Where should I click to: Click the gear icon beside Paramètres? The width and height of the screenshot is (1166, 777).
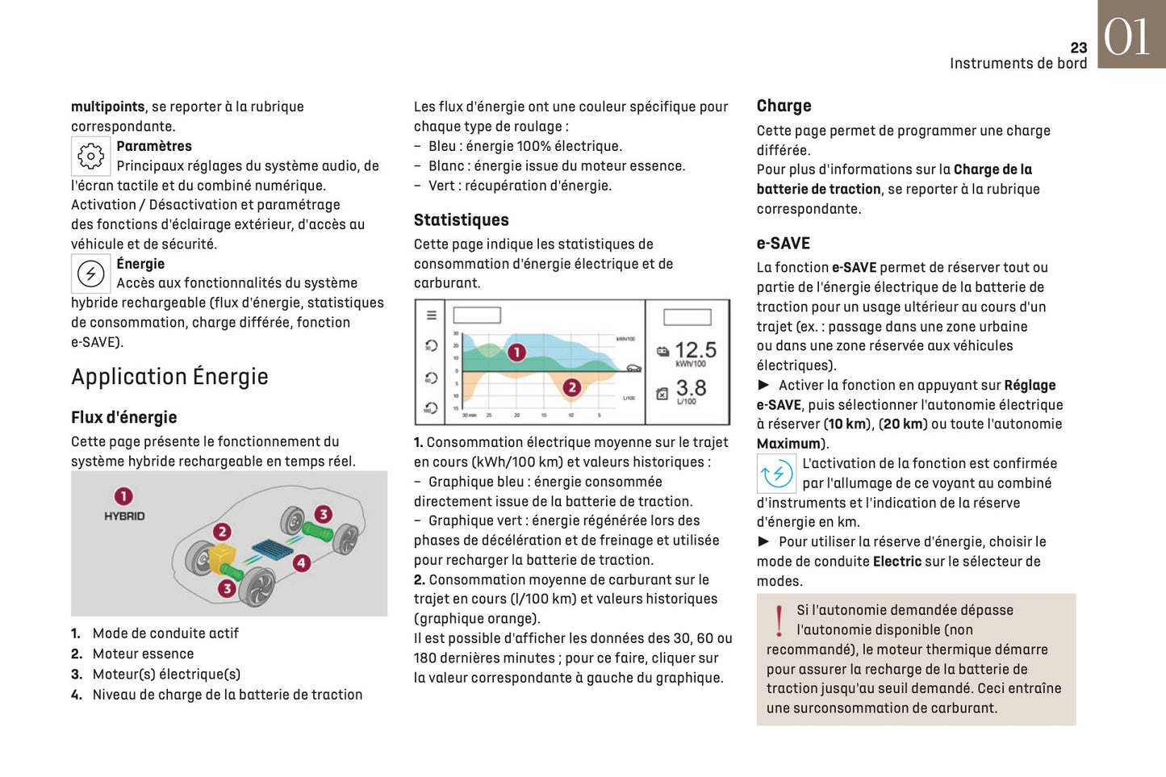(x=90, y=156)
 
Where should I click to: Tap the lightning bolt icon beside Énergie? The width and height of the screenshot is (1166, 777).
(x=90, y=274)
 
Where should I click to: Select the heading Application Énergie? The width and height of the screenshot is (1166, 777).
(x=169, y=377)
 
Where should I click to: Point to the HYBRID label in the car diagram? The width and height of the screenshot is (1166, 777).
(x=124, y=516)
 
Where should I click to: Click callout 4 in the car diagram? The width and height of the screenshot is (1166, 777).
(x=302, y=563)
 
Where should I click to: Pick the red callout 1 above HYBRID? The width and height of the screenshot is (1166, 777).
(x=123, y=496)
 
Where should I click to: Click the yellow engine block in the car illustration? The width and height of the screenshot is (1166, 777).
(x=222, y=556)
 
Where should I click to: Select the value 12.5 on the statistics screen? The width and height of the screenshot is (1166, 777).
(x=695, y=350)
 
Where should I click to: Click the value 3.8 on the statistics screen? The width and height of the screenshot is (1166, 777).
(x=691, y=388)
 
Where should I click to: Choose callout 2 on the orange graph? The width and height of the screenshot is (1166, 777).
(x=572, y=387)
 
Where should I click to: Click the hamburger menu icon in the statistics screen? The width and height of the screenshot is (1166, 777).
(x=432, y=315)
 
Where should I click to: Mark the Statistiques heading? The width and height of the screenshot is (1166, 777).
(x=461, y=220)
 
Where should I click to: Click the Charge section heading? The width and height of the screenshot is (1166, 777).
(x=784, y=106)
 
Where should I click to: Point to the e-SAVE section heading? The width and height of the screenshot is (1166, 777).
(x=783, y=243)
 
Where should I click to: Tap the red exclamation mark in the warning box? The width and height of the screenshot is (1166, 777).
(x=779, y=621)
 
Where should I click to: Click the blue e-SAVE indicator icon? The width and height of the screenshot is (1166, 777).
(x=775, y=474)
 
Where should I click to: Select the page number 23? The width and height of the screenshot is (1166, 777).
(x=1078, y=48)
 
